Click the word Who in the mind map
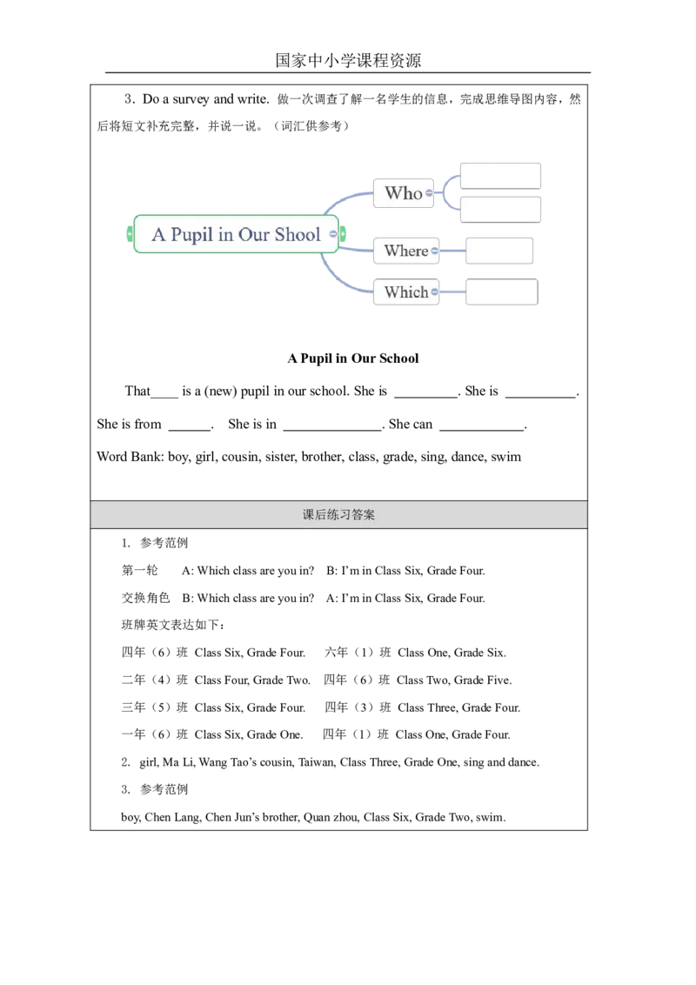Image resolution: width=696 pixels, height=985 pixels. click(403, 193)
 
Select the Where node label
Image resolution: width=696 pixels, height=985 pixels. click(405, 251)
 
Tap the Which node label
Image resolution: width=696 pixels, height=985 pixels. click(405, 292)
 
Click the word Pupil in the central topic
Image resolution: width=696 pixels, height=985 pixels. click(192, 235)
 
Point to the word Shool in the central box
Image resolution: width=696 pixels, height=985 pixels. click(298, 235)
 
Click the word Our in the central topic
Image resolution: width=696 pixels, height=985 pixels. click(253, 235)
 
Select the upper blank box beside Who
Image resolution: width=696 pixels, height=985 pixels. click(500, 175)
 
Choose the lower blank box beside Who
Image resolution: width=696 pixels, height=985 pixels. click(500, 210)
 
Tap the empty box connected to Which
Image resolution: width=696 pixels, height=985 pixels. click(501, 291)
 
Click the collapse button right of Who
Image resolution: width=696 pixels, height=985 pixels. click(430, 193)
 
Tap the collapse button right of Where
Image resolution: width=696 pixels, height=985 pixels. click(434, 251)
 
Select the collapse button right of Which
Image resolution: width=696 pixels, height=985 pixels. click(434, 292)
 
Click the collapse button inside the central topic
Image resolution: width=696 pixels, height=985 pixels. click(333, 234)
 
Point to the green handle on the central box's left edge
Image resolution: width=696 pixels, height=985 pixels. click(130, 234)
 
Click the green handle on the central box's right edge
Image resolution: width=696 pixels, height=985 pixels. click(344, 234)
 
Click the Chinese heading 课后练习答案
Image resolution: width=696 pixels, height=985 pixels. click(339, 515)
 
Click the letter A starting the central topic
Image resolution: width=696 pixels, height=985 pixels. click(158, 235)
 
